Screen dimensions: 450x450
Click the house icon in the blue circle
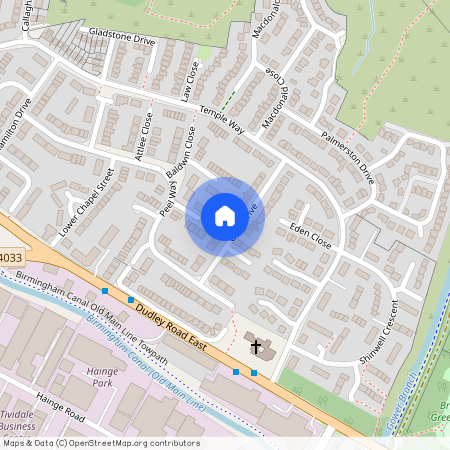tap(224, 216)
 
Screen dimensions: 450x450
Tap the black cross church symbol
tap(256, 347)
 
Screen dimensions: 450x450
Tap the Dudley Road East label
tap(176, 327)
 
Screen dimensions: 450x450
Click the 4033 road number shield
tap(10, 258)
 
